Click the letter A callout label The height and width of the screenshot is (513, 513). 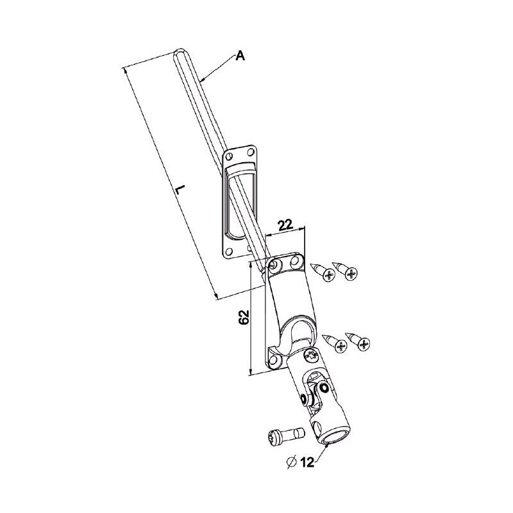(240, 56)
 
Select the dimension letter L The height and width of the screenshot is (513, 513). (180, 190)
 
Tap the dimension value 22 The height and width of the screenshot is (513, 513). (285, 224)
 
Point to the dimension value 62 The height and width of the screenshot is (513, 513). (243, 318)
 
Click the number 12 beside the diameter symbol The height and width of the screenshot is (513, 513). (307, 463)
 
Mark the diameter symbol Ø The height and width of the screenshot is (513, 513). (291, 462)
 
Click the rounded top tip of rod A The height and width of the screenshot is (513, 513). (180, 52)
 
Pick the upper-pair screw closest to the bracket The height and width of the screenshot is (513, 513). (326, 273)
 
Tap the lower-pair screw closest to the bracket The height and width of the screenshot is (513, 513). (337, 344)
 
